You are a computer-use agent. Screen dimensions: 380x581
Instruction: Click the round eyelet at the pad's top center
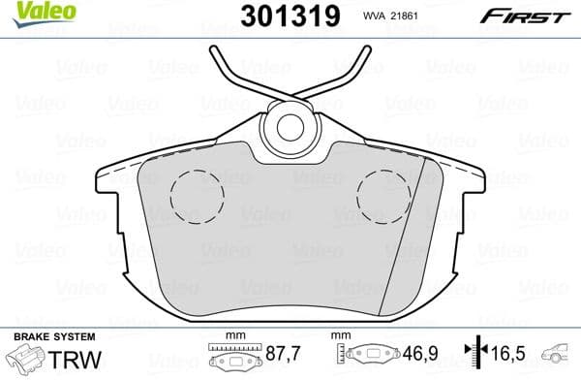(x=290, y=126)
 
